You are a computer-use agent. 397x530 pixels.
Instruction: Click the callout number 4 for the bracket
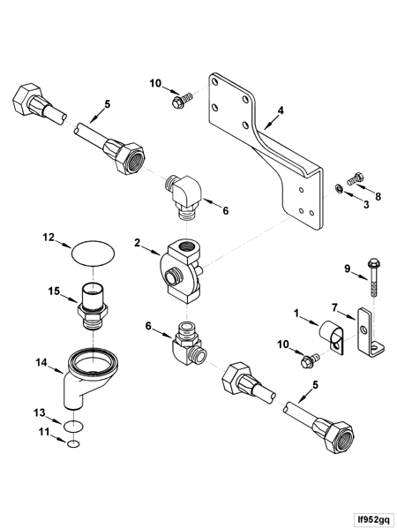[x=281, y=112]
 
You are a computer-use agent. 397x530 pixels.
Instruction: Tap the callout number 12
[x=49, y=237]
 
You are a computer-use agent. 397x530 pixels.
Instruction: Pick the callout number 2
[x=139, y=241]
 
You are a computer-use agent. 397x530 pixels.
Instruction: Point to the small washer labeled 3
[x=341, y=190]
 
